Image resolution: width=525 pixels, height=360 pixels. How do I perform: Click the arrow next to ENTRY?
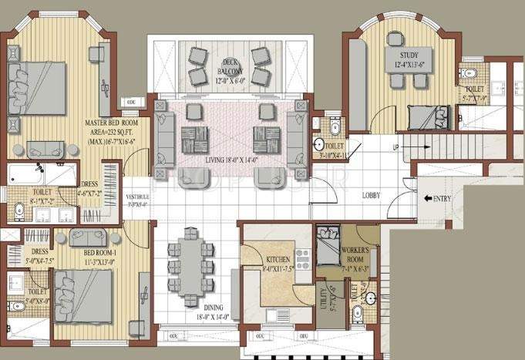click(x=428, y=198)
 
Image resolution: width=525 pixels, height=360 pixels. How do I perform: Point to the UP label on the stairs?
click(x=396, y=146)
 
